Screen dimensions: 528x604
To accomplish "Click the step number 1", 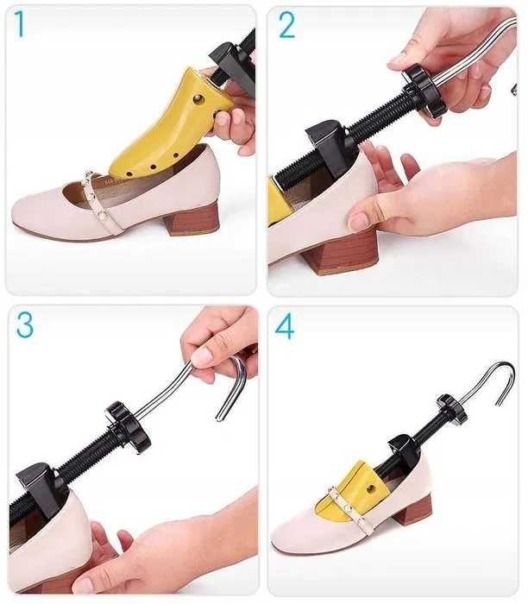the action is tap(20, 24).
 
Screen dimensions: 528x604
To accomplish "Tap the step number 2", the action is tap(286, 25).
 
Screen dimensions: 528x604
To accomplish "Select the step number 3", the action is tap(25, 324).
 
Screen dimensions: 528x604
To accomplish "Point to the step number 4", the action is tap(285, 326).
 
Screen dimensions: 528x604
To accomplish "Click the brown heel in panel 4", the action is tap(413, 511).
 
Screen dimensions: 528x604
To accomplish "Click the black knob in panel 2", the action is tap(424, 91).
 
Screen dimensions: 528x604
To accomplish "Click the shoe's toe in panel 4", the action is tap(292, 534).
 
